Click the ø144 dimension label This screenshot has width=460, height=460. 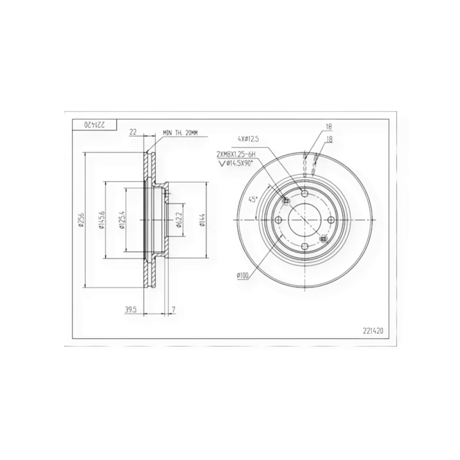(x=202, y=220)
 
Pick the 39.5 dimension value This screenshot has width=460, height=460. (x=131, y=309)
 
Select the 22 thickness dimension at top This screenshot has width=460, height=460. (x=133, y=132)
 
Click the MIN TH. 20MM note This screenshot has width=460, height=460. (x=180, y=133)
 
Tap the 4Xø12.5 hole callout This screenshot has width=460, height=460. (x=248, y=139)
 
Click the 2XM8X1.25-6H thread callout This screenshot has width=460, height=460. (x=236, y=154)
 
